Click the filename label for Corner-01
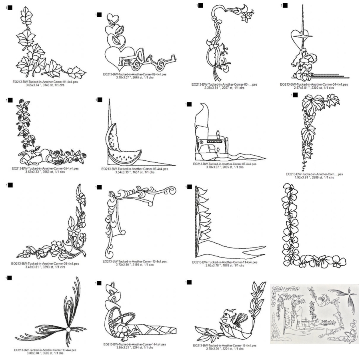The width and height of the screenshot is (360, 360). pyautogui.click(x=45, y=82)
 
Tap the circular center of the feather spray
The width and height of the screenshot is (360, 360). pyautogui.click(x=68, y=330)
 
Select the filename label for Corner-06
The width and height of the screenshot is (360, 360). pyautogui.click(x=135, y=169)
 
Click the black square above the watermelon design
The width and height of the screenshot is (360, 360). pyautogui.click(x=100, y=100)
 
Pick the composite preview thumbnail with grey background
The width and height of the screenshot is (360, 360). pyautogui.click(x=314, y=314)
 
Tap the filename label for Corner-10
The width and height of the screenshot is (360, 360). pyautogui.click(x=135, y=262)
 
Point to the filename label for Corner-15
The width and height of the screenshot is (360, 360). pyautogui.click(x=225, y=346)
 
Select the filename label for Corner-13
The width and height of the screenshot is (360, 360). pyautogui.click(x=45, y=350)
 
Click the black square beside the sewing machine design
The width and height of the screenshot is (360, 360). pyautogui.click(x=190, y=104)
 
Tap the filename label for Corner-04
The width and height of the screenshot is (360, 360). pyautogui.click(x=314, y=84)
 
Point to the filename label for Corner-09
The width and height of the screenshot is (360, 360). pyautogui.click(x=45, y=264)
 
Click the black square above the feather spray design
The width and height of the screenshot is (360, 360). pyautogui.click(x=10, y=278)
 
